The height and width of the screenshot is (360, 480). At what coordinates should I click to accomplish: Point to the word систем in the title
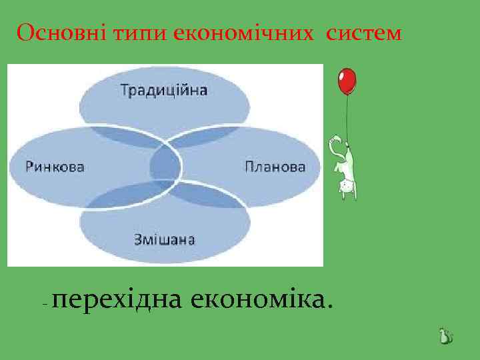click(x=365, y=33)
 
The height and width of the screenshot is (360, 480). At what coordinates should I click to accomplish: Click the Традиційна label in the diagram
click(x=164, y=90)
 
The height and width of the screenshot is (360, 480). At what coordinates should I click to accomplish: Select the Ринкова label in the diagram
click(x=55, y=167)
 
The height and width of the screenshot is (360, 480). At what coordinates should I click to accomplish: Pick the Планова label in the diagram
click(x=275, y=167)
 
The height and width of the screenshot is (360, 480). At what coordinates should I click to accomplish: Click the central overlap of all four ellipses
click(x=165, y=164)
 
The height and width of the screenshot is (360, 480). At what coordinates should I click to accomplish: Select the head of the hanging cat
click(x=347, y=189)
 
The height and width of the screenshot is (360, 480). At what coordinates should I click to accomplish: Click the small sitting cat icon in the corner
click(x=445, y=337)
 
